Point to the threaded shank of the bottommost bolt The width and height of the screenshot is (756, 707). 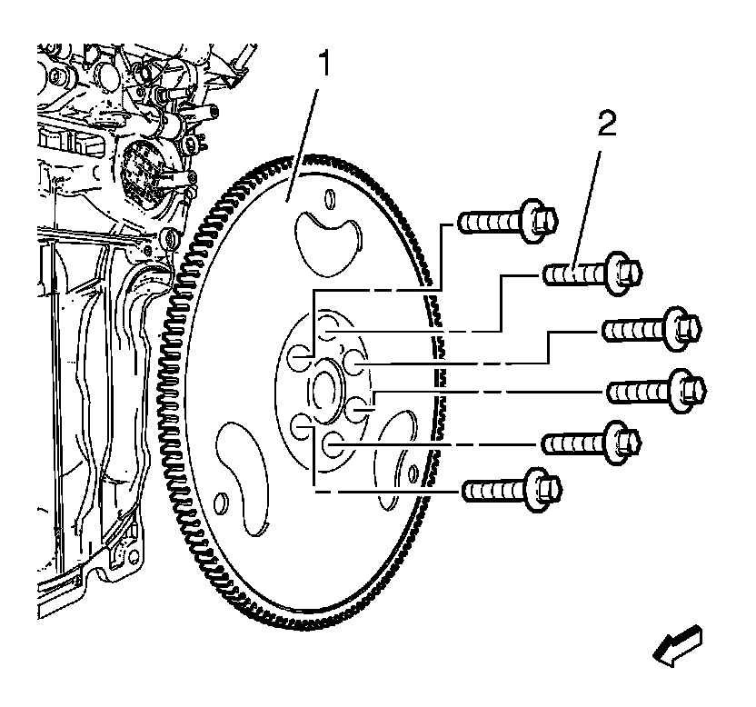[x=491, y=490]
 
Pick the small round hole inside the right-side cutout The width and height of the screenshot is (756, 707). [x=413, y=473]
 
